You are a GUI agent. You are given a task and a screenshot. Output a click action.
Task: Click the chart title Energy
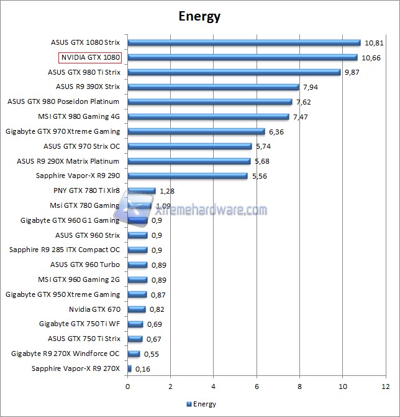coord(199,16)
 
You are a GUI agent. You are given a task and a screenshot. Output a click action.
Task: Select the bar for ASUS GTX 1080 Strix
coord(244,43)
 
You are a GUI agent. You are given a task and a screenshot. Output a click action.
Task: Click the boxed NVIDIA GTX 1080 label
coord(89,57)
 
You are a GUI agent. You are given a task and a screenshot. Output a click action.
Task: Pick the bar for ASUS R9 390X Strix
coord(213,87)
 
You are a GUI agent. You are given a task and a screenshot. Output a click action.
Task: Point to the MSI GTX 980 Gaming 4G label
coord(78,116)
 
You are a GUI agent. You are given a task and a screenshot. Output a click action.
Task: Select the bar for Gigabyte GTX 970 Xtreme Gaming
coord(196,131)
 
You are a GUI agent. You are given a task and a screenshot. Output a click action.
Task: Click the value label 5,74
coord(265,146)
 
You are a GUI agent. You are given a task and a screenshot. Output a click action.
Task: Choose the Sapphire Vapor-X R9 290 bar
coord(188,176)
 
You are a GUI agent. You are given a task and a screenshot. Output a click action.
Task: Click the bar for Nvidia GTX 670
coord(137,309)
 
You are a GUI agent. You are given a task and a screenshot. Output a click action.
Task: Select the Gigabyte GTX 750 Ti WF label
coord(79,324)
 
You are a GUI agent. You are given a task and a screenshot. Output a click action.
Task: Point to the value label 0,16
coord(143,369)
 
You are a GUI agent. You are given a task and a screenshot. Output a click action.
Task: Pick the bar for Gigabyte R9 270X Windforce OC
coord(134,354)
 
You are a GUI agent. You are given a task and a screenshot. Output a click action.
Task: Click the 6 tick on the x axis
coord(257,387)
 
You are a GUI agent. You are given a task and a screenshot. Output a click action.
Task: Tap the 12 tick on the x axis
coord(385,387)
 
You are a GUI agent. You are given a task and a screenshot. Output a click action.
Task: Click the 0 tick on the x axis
coord(128,387)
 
